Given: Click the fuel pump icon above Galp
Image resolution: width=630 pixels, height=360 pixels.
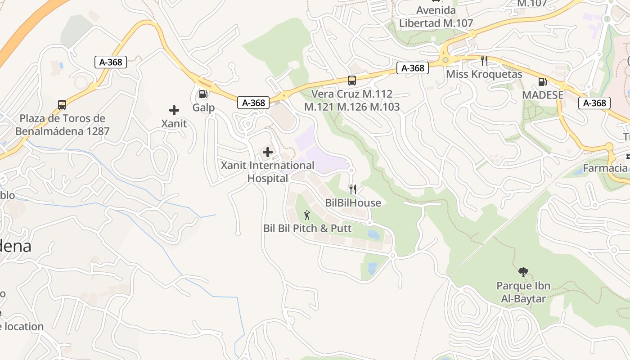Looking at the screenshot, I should click(203, 94).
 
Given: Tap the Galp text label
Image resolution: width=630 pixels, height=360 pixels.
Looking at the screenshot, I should click(203, 108).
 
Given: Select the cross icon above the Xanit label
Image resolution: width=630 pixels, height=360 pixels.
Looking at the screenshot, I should click(174, 110).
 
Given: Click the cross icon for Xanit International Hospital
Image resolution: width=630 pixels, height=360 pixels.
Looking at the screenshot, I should click(268, 152).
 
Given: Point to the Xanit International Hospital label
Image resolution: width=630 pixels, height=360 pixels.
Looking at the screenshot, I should click(267, 172).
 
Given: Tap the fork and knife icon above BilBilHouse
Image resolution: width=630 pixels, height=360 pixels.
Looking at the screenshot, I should click(353, 189).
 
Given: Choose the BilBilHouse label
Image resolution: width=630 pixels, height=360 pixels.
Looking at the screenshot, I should click(353, 203).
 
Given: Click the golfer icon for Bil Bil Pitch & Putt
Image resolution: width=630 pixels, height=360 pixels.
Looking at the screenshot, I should click(307, 215).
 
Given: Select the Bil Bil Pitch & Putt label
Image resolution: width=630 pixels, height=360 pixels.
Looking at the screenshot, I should click(307, 229).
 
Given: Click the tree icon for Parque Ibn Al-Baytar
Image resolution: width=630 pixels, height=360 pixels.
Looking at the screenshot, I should click(523, 272).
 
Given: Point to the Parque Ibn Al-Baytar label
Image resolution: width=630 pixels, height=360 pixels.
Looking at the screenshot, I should click(523, 292).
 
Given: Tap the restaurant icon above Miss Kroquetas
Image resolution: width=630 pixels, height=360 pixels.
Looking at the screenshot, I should click(484, 61).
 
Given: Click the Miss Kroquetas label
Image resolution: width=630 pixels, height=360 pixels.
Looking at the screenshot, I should click(484, 74).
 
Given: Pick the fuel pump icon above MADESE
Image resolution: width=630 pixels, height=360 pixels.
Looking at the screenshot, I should click(543, 82).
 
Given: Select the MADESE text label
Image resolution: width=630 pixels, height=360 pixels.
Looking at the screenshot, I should click(543, 95).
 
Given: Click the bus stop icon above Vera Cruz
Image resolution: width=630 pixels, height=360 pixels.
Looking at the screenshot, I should click(352, 81).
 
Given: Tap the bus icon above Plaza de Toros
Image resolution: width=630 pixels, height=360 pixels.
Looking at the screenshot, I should click(62, 105).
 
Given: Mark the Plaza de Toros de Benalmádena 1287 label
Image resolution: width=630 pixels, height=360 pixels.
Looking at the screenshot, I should click(62, 125).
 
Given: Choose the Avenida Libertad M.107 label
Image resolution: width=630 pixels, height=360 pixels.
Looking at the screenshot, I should click(436, 17).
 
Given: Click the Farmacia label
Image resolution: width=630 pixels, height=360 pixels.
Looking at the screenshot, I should click(606, 168).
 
